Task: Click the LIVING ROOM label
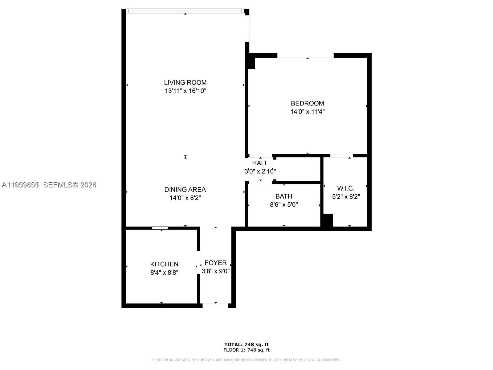point(185,83)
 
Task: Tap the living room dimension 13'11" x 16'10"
point(185,91)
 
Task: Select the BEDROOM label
point(307,103)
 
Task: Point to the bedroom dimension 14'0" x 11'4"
point(307,112)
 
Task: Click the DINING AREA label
point(185,190)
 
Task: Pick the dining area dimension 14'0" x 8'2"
point(185,198)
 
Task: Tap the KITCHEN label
point(164,264)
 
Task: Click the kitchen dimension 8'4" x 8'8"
point(164,273)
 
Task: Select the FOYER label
point(216,263)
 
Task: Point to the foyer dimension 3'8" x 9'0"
point(216,271)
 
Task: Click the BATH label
point(284,196)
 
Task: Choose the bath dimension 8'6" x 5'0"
point(284,204)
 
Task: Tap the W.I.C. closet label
point(346,188)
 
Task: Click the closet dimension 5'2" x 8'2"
point(346,197)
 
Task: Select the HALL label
point(260,163)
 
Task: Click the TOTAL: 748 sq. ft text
point(246,344)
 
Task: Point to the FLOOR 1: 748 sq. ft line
point(246,350)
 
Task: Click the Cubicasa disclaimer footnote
point(246,360)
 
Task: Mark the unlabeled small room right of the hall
point(298,169)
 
